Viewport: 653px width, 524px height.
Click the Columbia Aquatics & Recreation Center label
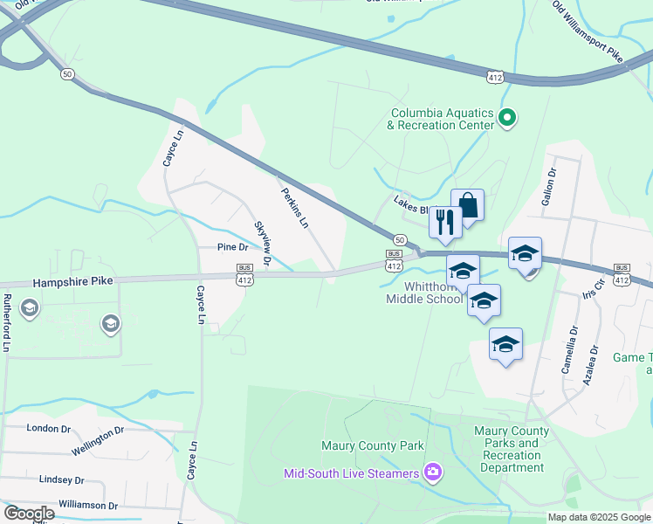point(442,119)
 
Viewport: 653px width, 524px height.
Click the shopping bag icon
point(467,206)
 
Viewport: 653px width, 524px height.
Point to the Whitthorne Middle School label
point(424,293)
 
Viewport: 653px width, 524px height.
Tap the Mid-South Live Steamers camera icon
point(432,473)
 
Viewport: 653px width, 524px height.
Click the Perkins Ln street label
point(294,207)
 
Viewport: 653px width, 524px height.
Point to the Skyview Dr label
point(262,243)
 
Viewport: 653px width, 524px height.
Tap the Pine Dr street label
point(233,248)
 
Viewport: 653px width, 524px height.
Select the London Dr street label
point(48,429)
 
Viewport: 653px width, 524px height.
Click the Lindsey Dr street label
point(61,480)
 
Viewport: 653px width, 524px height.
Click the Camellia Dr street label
point(569,349)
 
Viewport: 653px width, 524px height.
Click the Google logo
point(29,513)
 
